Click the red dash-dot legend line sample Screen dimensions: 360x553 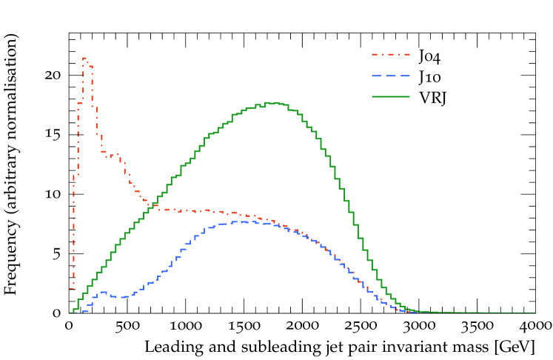click(x=390, y=55)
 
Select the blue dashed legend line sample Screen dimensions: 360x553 click(x=390, y=76)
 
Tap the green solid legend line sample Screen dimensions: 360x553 click(x=390, y=96)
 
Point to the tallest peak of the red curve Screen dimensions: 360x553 click(x=84, y=58)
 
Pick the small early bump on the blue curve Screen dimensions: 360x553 click(x=103, y=292)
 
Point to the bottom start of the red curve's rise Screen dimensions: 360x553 click(x=72, y=288)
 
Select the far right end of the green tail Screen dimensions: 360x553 click(x=534, y=313)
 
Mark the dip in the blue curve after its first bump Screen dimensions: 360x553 click(x=123, y=297)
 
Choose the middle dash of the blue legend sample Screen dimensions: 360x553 click(x=390, y=76)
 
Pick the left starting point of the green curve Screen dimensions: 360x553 click(x=72, y=312)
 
